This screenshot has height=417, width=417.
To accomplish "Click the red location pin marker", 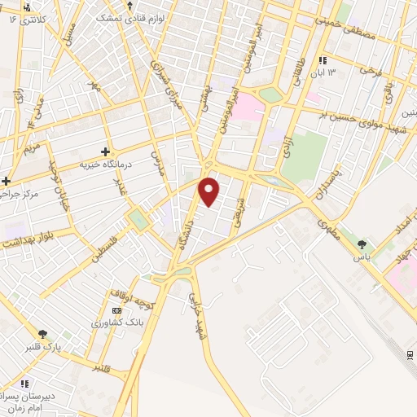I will point(210,191).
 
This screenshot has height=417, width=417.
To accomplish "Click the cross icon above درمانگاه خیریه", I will point(104,151).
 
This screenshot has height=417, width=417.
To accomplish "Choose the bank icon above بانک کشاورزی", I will point(117,310).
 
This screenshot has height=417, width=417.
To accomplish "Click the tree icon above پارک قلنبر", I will point(42,333).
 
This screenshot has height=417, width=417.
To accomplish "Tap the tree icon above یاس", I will point(362,244).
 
